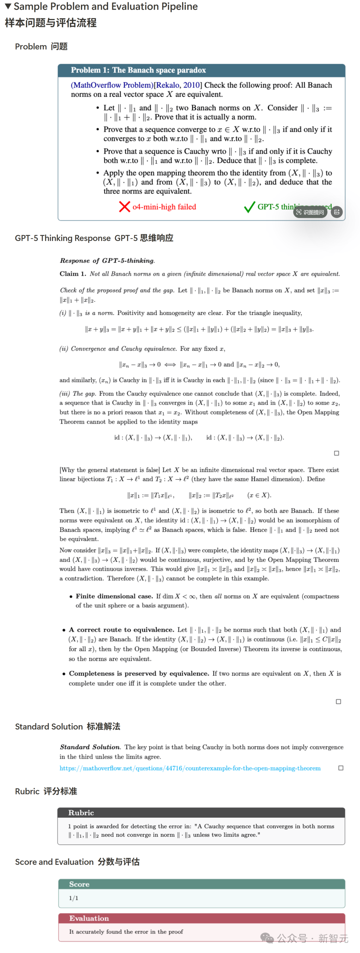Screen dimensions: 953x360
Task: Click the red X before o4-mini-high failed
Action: pos(124,207)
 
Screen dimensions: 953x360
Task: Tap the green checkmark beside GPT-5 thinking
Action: pos(249,207)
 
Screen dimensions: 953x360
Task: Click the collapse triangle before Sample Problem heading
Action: pos(8,6)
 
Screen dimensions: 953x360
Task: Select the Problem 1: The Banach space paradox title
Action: pos(138,70)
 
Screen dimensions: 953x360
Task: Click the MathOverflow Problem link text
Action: pos(112,85)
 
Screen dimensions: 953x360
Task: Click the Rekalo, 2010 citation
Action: pos(178,85)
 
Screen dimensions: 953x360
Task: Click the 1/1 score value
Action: pos(74,898)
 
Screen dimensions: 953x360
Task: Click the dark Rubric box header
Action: pos(81,812)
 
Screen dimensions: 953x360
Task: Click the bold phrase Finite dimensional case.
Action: pos(114,596)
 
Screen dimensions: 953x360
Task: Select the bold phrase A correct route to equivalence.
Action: pos(121,629)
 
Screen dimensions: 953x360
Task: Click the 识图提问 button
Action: pos(310,212)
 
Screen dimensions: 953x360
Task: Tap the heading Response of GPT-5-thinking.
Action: pos(107,261)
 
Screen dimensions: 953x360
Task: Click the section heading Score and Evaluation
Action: pos(54,862)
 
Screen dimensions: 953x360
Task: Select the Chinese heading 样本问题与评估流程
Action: pos(51,23)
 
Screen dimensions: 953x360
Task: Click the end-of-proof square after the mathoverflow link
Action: pos(340,768)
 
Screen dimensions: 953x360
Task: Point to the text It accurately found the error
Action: pos(126,932)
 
